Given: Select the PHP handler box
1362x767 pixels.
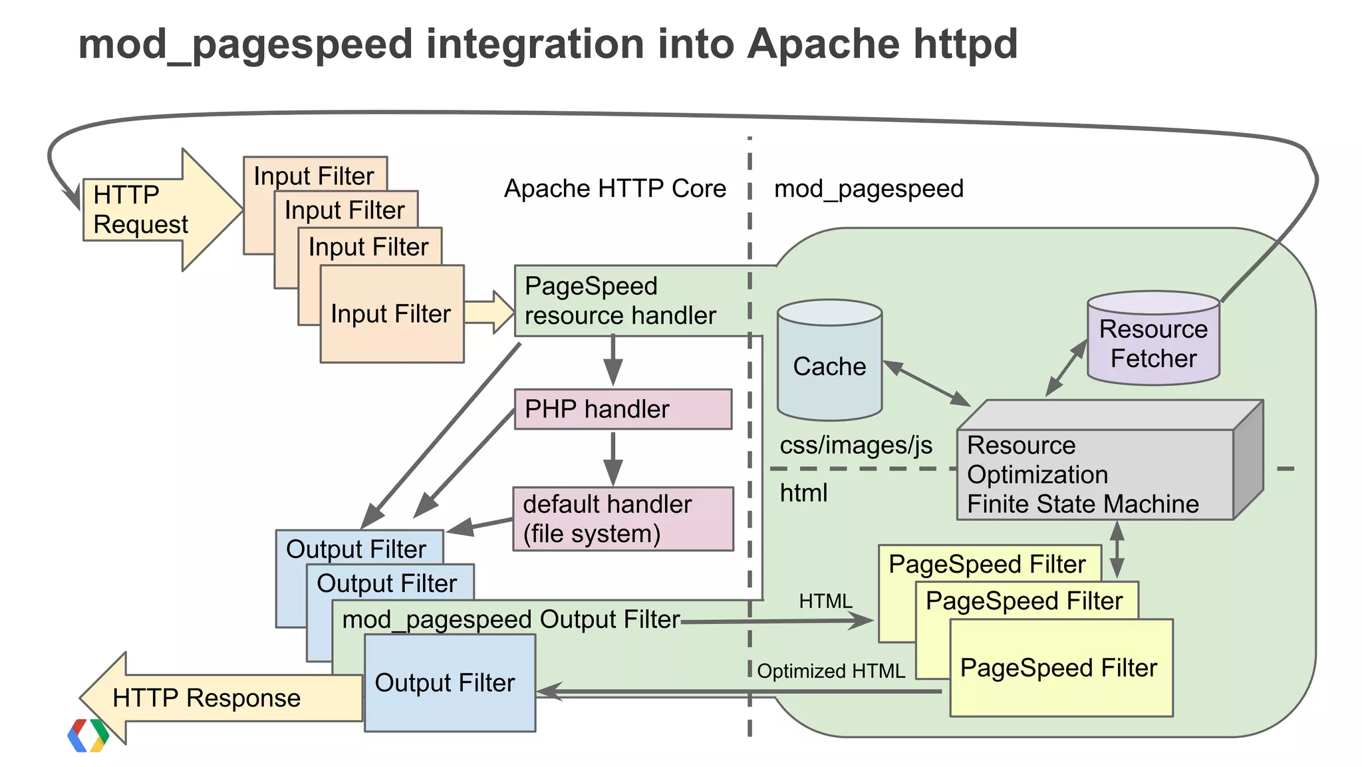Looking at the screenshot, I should (622, 409).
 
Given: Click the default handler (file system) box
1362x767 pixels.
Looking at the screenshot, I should (622, 519).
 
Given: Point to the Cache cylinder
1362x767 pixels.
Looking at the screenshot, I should (829, 366).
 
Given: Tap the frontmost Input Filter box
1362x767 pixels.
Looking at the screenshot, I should (392, 314).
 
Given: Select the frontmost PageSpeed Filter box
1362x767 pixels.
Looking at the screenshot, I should (1060, 668).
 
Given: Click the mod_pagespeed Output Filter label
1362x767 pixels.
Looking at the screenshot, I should (511, 619).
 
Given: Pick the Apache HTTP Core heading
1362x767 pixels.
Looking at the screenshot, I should (614, 189).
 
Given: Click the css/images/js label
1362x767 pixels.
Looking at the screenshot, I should (856, 445).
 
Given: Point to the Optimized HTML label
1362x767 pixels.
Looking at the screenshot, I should (831, 671).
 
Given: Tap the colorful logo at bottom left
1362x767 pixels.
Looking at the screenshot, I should (88, 736).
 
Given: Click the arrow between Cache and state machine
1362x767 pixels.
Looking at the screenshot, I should (926, 384).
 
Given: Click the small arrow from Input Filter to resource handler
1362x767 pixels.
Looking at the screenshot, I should (489, 312).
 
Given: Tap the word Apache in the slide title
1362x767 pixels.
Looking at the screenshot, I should (823, 44).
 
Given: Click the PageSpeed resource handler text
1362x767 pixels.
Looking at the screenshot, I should (620, 301).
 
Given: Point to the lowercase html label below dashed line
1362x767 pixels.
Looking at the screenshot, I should (803, 493).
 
